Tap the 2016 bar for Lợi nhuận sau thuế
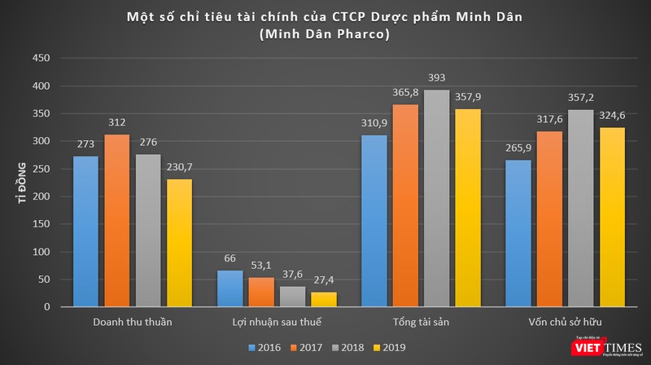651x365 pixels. click(230, 288)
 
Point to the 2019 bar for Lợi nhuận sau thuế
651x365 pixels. click(323, 299)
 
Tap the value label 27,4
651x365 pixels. click(323, 281)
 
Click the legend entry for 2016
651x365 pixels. click(264, 348)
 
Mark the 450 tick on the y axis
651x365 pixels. click(41, 58)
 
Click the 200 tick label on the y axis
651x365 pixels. click(41, 196)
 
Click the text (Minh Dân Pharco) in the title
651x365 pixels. click(325, 34)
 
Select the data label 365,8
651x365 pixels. click(404, 94)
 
